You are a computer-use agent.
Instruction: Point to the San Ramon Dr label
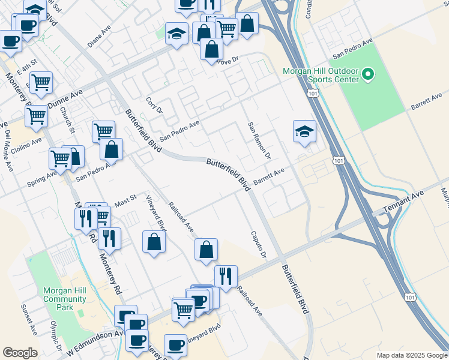259,142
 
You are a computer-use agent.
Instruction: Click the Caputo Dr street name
258,245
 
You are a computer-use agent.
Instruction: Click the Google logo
20,353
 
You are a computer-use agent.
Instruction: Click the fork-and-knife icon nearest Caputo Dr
226,275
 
